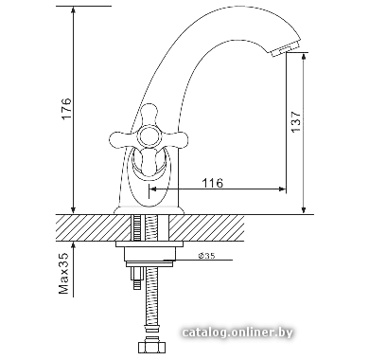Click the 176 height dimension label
(x=66, y=109)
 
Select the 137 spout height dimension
(x=296, y=121)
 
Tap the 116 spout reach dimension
(x=212, y=183)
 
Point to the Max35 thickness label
(x=63, y=274)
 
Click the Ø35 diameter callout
(x=206, y=256)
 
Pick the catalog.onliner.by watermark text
(x=237, y=333)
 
